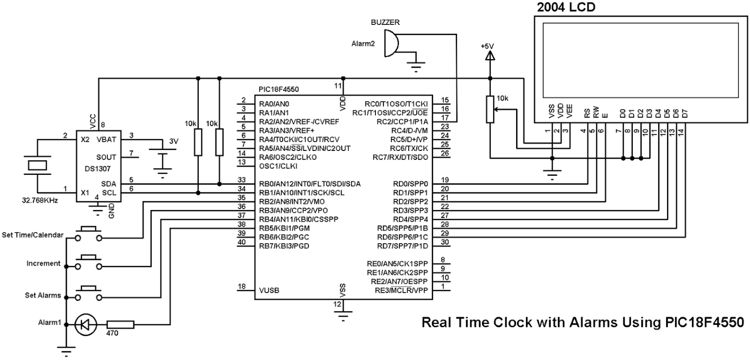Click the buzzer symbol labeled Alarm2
coord(391,43)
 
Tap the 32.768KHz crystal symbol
coord(37,165)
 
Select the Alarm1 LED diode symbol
coord(86,324)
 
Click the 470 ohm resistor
coord(120,324)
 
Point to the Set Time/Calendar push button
coord(88,234)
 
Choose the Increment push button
coord(88,262)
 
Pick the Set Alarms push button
coord(88,293)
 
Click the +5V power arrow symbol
coord(490,57)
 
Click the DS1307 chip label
coord(98,169)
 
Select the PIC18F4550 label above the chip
coord(279,89)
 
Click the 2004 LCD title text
coord(566,7)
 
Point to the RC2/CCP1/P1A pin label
coord(402,122)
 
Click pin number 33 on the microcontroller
coord(241,180)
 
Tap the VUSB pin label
coord(269,290)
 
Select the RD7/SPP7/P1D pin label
coord(402,246)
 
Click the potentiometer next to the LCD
coord(490,109)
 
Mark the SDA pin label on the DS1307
coord(109,184)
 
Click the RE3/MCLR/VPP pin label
coord(401,290)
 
